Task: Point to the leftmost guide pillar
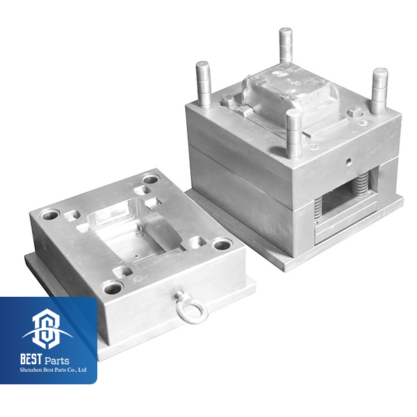(204, 84)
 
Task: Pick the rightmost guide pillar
(379, 91)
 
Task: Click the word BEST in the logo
(31, 359)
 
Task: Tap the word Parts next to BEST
(57, 361)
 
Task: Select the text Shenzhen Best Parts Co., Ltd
(53, 370)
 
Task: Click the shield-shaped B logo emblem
(47, 329)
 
